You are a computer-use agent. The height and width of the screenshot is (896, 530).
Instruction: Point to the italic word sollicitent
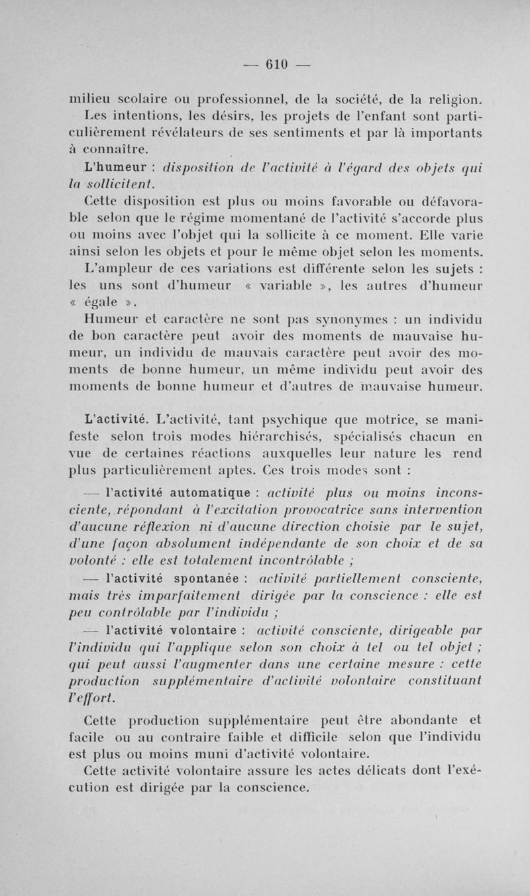pyautogui.click(x=119, y=182)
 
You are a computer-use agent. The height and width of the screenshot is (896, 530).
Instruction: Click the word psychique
pyautogui.click(x=325, y=418)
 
